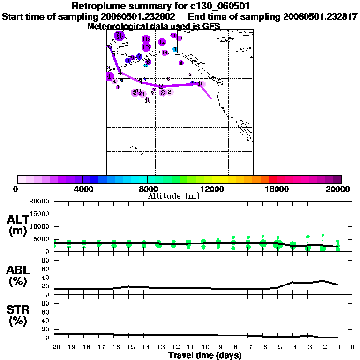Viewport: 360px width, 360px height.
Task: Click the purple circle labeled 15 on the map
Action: click(x=146, y=39)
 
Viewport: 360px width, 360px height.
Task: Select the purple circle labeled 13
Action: click(x=146, y=47)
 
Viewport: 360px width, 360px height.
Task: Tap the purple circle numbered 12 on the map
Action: click(x=162, y=42)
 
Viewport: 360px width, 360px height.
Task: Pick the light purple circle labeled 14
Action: click(x=165, y=53)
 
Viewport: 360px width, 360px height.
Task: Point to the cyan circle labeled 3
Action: click(x=174, y=49)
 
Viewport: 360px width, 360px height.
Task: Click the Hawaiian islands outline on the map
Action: click(x=136, y=150)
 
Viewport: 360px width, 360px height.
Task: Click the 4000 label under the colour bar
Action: click(x=82, y=189)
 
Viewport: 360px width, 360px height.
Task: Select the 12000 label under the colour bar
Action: click(x=212, y=189)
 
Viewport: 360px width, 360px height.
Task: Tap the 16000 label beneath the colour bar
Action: click(x=277, y=189)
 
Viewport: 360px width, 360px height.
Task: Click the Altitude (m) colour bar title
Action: click(x=173, y=196)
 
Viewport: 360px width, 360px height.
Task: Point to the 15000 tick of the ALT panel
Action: click(x=41, y=214)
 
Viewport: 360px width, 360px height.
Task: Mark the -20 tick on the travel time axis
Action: click(x=54, y=347)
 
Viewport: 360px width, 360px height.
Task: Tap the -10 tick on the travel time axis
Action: click(x=203, y=347)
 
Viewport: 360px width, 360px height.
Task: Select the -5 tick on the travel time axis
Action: click(x=278, y=347)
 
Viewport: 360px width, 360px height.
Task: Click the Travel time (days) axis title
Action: click(x=205, y=355)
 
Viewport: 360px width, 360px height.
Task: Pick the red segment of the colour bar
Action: click(x=272, y=179)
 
